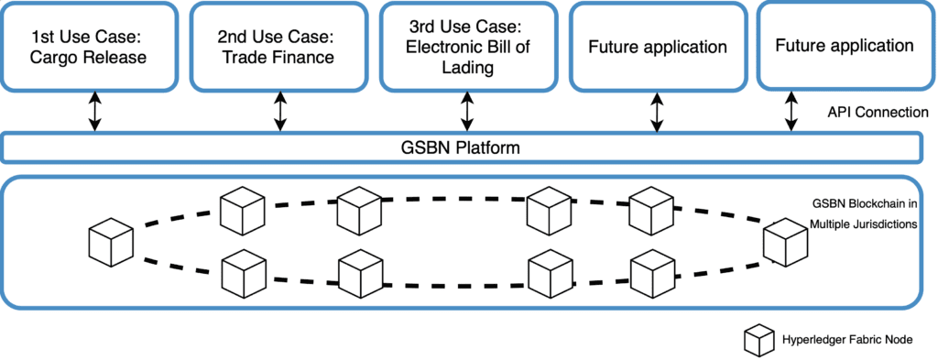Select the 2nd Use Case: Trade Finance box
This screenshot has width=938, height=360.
[277, 46]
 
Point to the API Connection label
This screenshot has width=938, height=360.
[875, 112]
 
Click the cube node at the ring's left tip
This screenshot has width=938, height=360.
[111, 241]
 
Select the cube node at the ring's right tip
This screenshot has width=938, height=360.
[786, 242]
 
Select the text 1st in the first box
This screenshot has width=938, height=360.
[43, 38]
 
